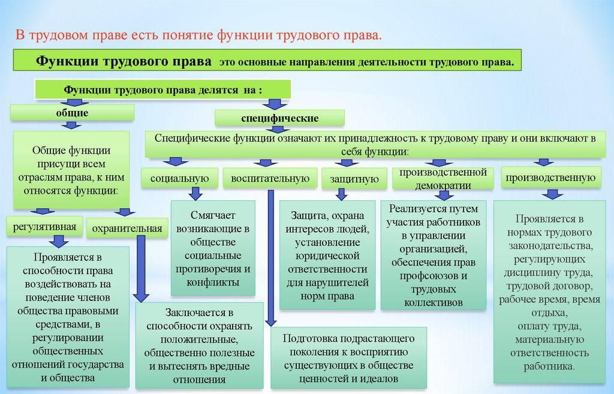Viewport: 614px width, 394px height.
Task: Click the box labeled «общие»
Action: [72, 112]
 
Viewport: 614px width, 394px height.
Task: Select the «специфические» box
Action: [280, 118]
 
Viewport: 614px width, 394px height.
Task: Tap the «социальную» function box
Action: [179, 178]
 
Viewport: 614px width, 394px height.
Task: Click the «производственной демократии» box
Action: [443, 179]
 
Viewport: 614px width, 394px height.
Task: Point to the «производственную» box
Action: [552, 178]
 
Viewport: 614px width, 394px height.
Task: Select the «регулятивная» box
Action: [45, 227]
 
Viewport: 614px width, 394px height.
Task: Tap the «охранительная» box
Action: [127, 228]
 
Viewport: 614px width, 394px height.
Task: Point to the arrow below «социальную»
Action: [195, 193]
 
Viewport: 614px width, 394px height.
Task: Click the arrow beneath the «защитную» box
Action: [341, 194]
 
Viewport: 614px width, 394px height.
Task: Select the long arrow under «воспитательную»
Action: [270, 258]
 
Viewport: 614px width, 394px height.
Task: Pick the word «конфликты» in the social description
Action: [213, 282]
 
